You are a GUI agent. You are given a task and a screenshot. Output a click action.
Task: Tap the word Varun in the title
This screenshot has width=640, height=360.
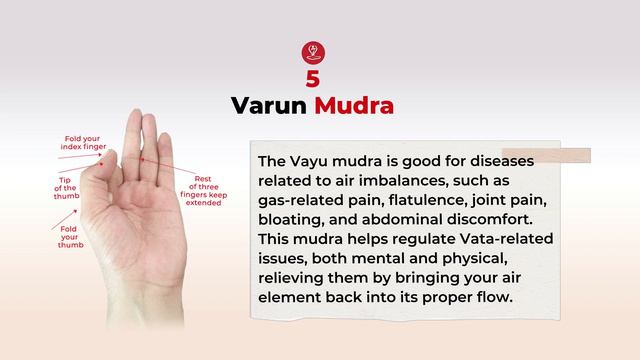[269, 105]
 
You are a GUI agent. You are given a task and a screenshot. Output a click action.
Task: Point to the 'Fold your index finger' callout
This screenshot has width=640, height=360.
[83, 141]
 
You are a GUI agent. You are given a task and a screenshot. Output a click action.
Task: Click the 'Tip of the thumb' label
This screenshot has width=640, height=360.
[65, 187]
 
